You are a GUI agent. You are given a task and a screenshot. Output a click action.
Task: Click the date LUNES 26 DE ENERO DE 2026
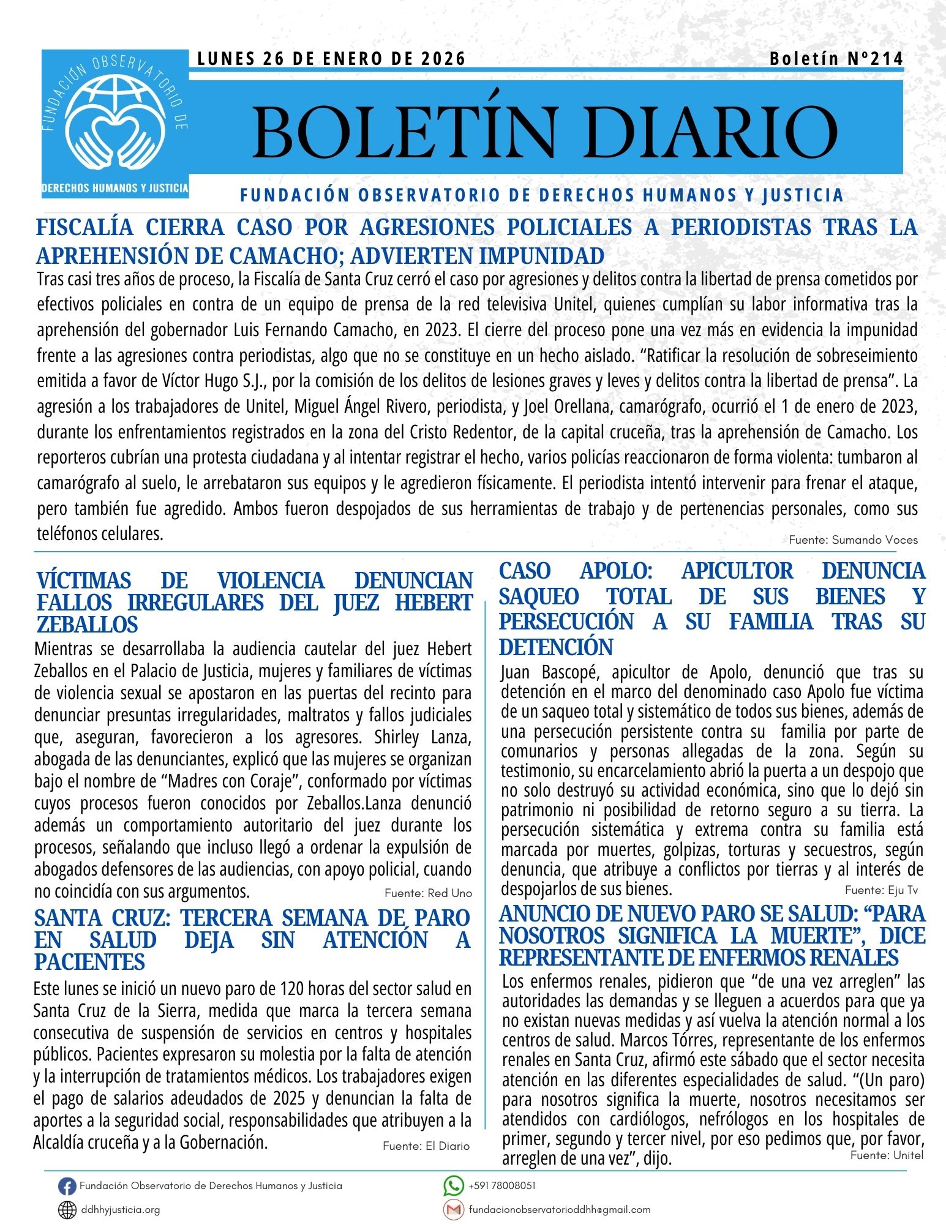coord(331,59)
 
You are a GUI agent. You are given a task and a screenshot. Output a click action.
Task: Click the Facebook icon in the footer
coord(67,1187)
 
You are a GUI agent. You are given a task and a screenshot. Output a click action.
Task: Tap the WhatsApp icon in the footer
coord(453,1186)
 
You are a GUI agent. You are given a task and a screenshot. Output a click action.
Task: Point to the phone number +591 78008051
coord(502,1185)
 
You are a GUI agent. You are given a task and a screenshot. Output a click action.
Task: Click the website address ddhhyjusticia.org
coord(121,1209)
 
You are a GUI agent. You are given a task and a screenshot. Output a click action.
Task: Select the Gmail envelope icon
coord(453,1209)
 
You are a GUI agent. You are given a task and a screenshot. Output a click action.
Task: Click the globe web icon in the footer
coord(67,1210)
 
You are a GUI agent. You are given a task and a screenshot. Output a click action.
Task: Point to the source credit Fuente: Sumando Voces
coord(853,539)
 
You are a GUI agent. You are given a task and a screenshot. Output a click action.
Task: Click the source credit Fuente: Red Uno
coord(428,893)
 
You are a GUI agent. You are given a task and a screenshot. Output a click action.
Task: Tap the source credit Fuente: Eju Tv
coord(881,890)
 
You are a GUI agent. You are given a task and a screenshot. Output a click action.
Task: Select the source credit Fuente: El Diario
coord(426,1146)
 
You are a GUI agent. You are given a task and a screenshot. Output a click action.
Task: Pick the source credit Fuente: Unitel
coord(887,1155)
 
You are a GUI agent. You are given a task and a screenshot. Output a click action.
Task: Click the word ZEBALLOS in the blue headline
coord(88,625)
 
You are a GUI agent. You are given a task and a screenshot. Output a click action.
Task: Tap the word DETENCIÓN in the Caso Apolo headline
coord(555,647)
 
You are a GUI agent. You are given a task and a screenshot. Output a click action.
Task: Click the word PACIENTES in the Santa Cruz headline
coord(89,962)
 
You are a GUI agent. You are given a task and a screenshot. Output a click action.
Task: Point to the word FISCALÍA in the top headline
coord(84,228)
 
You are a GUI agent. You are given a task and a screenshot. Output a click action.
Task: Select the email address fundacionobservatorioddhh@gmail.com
coord(560,1209)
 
